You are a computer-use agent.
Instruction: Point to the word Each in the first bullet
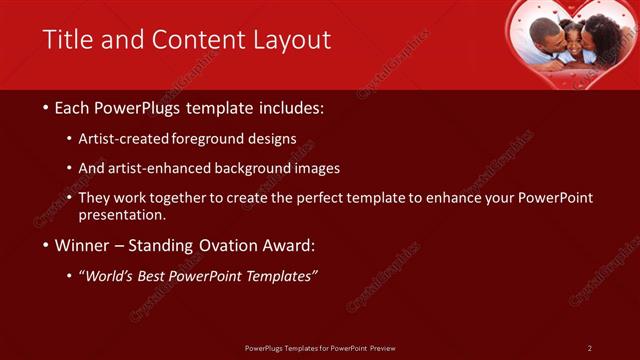[74, 107]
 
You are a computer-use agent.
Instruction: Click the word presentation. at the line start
[122, 215]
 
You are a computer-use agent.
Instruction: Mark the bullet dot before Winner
[46, 245]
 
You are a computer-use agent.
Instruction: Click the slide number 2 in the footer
[589, 348]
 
